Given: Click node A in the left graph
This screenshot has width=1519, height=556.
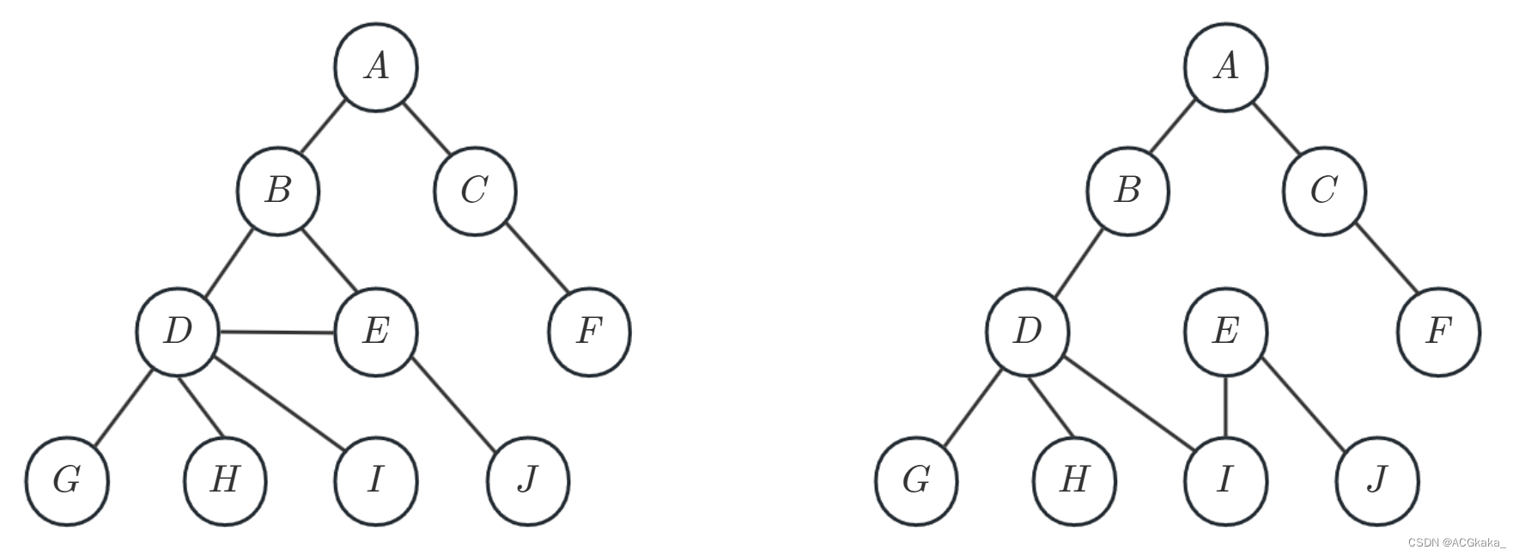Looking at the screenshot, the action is (x=376, y=67).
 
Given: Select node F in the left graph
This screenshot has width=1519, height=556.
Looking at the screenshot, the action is (x=589, y=331).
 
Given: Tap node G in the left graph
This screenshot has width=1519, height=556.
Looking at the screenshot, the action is (x=67, y=480).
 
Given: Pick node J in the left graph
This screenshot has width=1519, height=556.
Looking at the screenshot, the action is (x=527, y=480).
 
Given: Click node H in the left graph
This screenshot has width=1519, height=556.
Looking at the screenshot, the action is (x=225, y=480).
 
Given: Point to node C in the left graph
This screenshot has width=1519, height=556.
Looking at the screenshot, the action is (x=475, y=191).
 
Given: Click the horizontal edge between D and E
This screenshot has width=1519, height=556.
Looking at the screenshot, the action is (x=276, y=332).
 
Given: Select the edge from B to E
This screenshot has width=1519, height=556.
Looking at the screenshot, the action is (x=326, y=260).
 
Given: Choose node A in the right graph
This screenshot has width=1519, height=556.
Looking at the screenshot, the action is (x=1226, y=67).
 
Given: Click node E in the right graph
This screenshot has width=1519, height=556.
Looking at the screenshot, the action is (x=1225, y=331).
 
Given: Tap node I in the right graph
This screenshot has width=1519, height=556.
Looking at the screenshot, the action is (x=1225, y=480).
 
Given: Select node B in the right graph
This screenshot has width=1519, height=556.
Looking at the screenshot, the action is (x=1127, y=191).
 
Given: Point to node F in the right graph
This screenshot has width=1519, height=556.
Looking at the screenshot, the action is (x=1439, y=331).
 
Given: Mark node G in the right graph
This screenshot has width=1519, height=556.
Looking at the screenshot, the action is (x=917, y=480).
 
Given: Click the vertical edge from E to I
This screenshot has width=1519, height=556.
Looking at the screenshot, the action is (x=1225, y=406).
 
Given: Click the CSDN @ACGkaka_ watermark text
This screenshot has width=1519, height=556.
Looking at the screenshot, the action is (x=1457, y=542).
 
